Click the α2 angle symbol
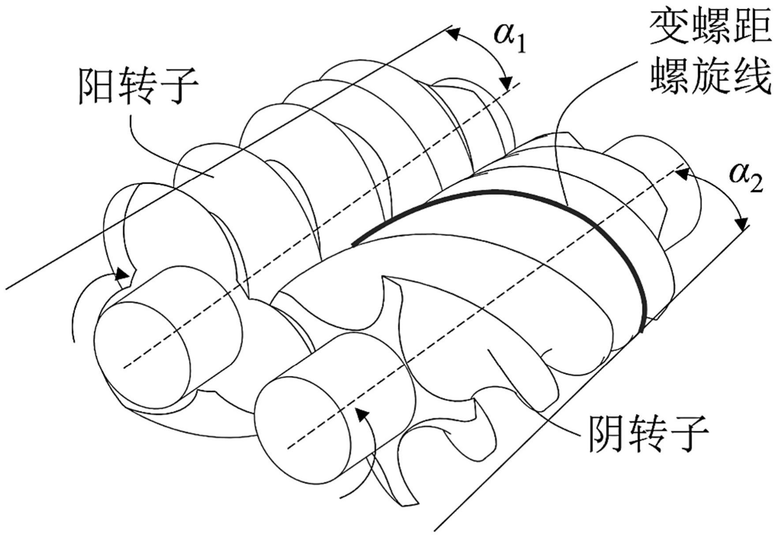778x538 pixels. tap(745, 175)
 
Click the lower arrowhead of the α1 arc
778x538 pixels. tap(507, 83)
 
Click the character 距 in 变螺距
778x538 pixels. tap(753, 27)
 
